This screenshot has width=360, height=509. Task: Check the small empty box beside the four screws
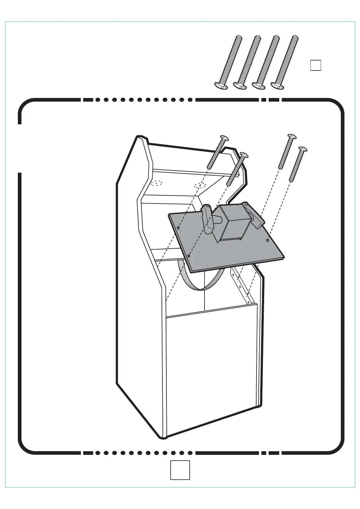316,65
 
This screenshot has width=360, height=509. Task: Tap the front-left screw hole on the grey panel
189,256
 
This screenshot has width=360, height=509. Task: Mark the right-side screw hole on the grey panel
267,240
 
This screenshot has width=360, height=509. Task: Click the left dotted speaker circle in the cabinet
156,183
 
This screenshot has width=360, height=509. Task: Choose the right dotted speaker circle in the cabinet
200,185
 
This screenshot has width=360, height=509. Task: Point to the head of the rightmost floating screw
303,149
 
